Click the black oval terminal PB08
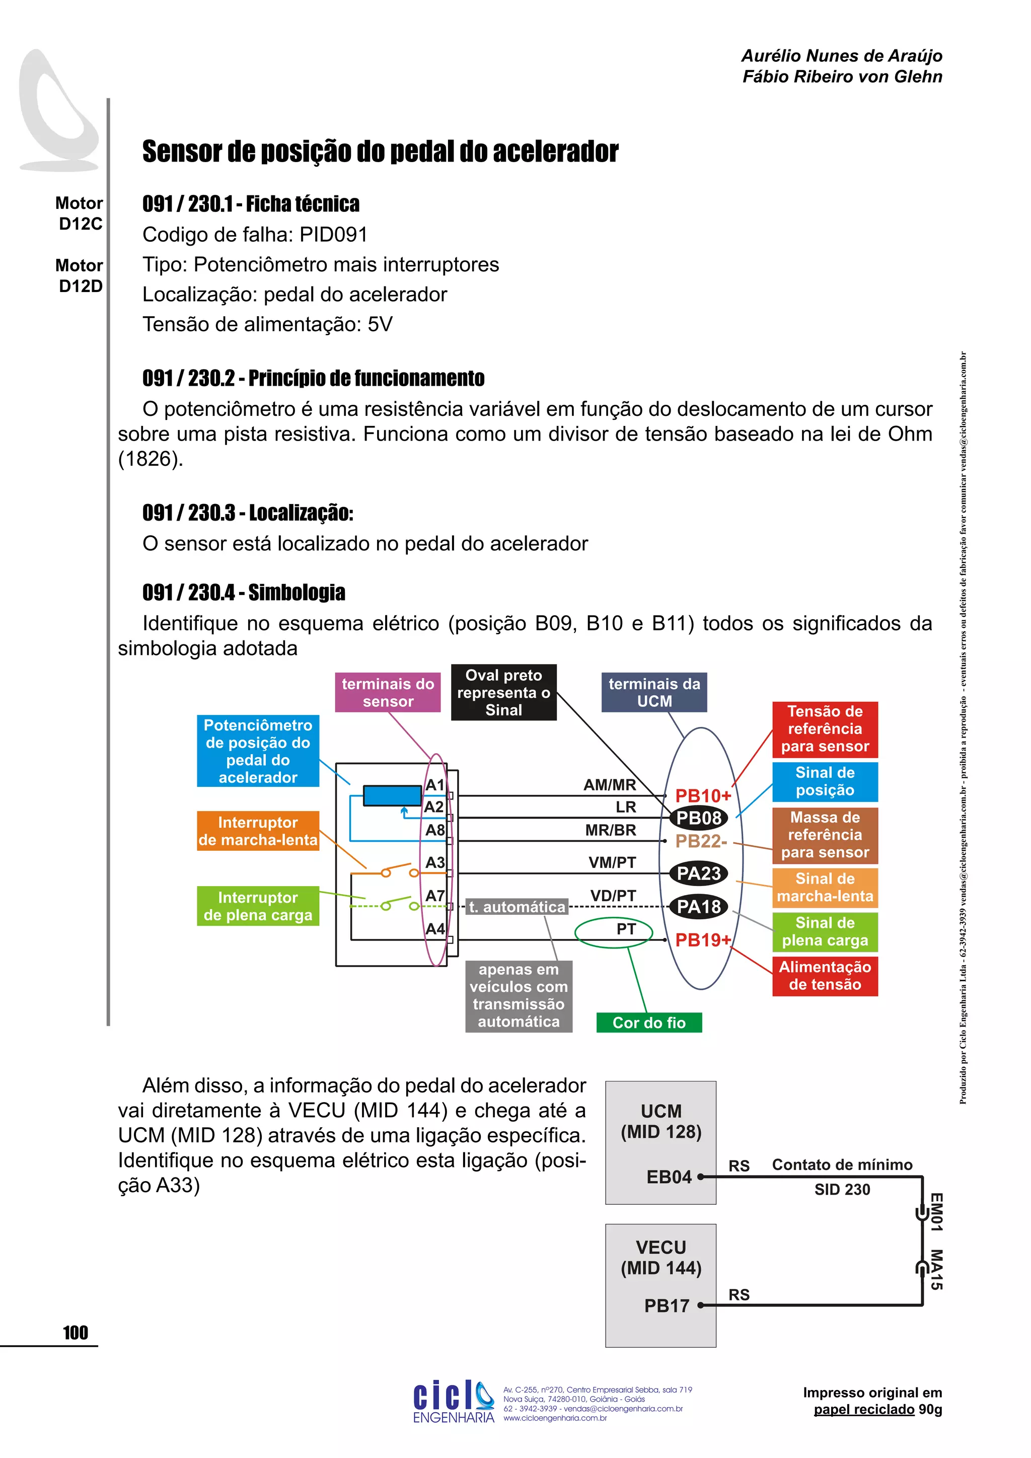pos(698,818)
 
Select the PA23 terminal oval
pos(698,874)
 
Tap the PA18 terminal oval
pos(698,907)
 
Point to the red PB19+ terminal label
pos(703,940)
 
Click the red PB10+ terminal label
pos(703,795)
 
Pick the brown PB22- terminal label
pos(701,841)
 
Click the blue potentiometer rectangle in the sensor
pos(392,795)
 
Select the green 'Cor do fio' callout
pos(649,1023)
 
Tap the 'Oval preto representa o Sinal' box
pos(503,692)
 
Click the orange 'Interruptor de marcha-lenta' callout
pos(258,831)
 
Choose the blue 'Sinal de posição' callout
pos(825,782)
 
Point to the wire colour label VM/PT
pos(612,862)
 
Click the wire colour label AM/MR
pos(610,785)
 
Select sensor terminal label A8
pos(435,830)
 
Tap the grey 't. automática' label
pos(517,907)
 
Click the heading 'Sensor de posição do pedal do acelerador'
pos(380,152)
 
